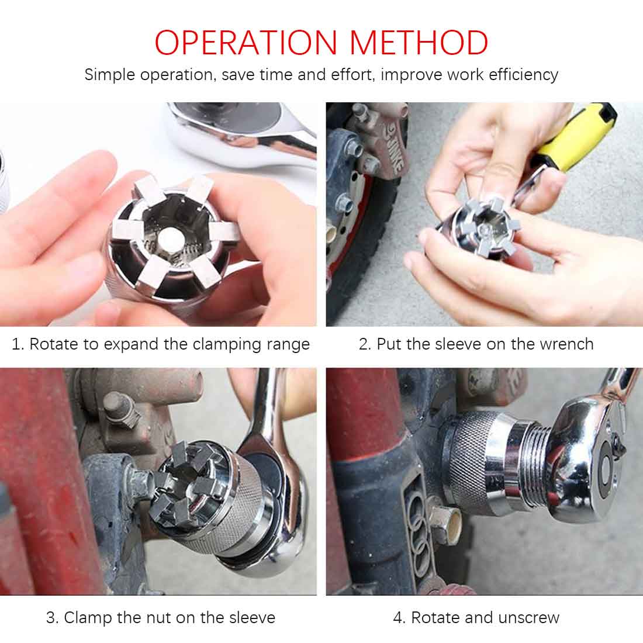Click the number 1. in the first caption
pyautogui.click(x=18, y=344)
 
